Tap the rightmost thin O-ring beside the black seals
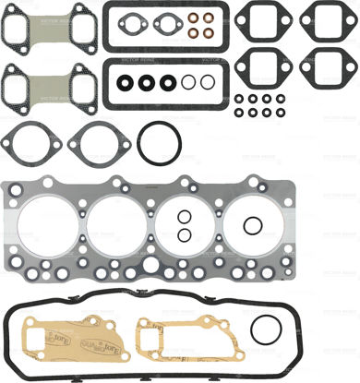[208, 82]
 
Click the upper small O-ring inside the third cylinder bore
[185, 218]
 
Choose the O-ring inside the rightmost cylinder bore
[251, 226]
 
